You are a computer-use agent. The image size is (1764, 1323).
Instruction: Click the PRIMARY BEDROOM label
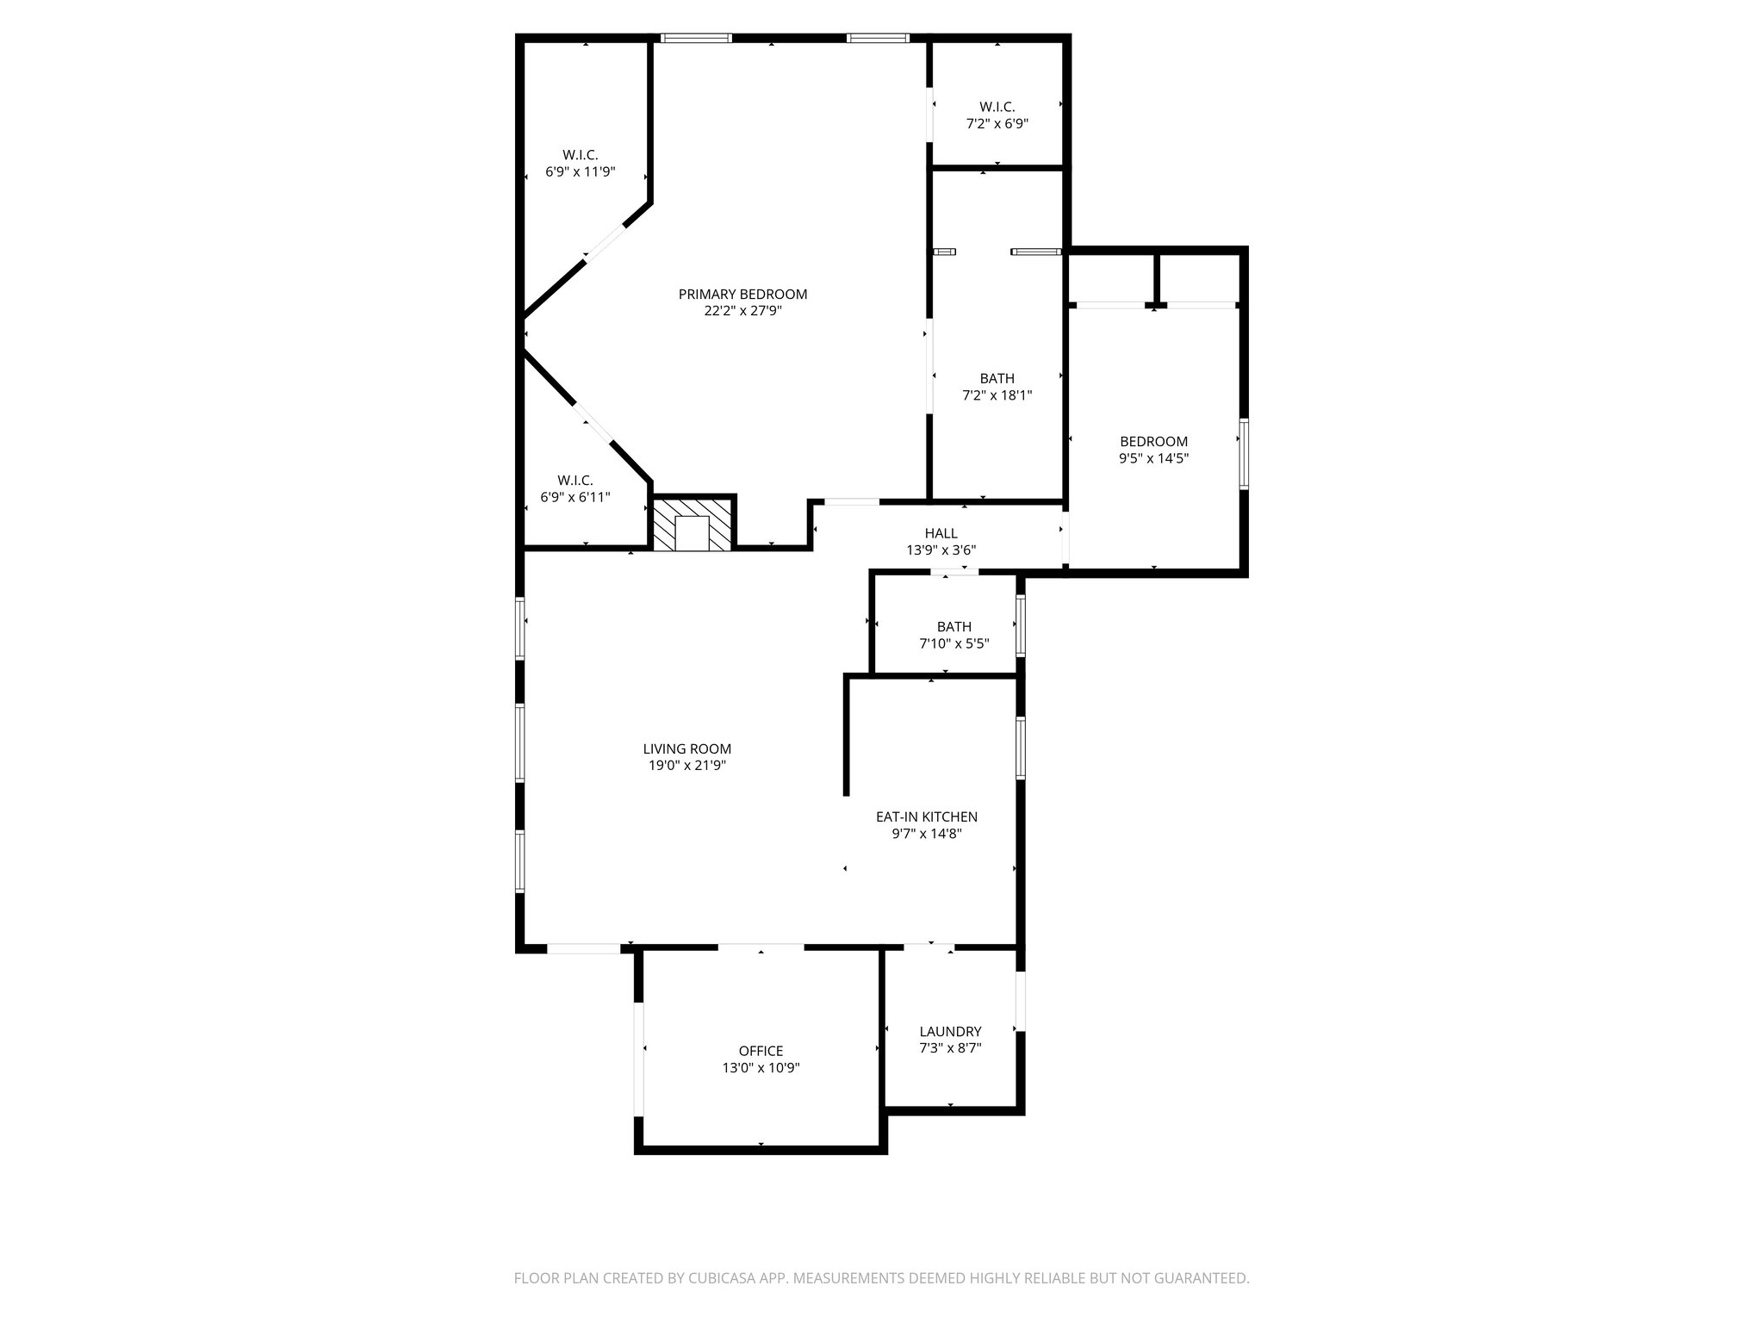pos(742,295)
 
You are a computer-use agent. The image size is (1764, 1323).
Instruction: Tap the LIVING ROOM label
pos(686,749)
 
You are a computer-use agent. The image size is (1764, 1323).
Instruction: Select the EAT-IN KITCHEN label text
pos(926,817)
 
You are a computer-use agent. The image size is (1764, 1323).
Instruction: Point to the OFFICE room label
pos(761,1051)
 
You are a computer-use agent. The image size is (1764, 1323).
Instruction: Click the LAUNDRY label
pos(950,1032)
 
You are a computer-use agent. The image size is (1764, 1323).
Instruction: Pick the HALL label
pos(941,534)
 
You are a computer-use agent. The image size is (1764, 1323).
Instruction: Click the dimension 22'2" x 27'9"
pos(742,311)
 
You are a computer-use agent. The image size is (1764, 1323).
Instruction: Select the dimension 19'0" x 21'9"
pos(686,766)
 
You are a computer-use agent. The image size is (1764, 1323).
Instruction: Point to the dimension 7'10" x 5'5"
pos(953,643)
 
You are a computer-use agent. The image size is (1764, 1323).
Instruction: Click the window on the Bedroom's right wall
pos(1243,454)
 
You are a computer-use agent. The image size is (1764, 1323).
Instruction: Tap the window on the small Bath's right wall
pos(1021,626)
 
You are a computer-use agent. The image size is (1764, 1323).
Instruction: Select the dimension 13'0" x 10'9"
pos(761,1067)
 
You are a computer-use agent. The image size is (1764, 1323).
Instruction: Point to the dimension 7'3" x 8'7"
pos(950,1048)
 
